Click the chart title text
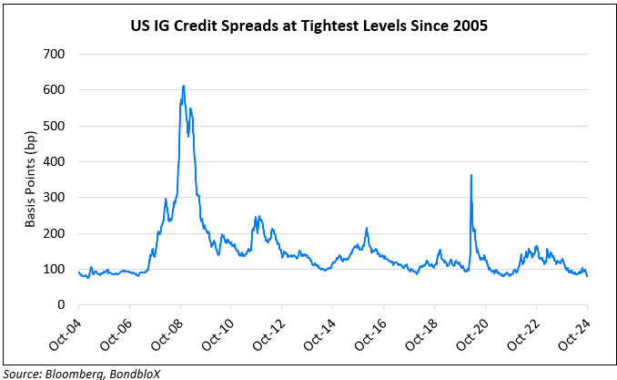tap(308, 26)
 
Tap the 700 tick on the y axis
tap(56, 54)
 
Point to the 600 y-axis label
tap(56, 90)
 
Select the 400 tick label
tap(56, 161)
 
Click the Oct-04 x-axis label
tap(66, 335)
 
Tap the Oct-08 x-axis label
tap(168, 335)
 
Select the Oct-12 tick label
tap(269, 335)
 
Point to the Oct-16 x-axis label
tap(371, 335)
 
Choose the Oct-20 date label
tap(472, 335)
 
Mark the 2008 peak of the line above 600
tap(184, 87)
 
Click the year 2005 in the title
tap(469, 26)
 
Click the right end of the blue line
tap(587, 276)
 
